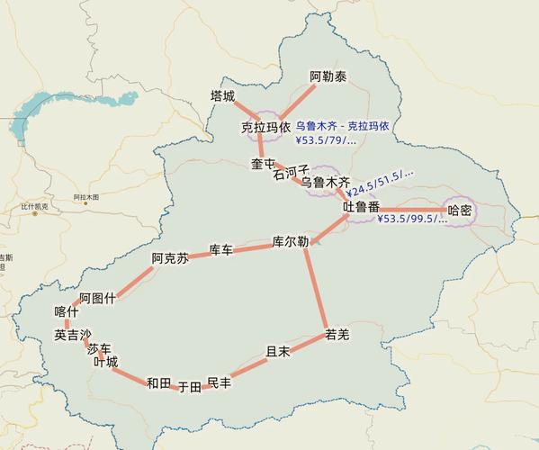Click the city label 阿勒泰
click(328, 76)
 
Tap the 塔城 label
click(222, 95)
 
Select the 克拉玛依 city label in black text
click(265, 128)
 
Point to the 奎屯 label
click(263, 164)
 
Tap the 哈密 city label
click(460, 210)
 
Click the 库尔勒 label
click(291, 242)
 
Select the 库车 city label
click(220, 249)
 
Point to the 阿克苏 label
click(170, 258)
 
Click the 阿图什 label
click(97, 298)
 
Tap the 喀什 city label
click(67, 312)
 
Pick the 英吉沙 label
click(73, 335)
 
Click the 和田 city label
click(158, 383)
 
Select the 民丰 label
click(219, 383)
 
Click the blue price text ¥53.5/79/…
click(326, 140)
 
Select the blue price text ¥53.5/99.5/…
click(412, 219)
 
